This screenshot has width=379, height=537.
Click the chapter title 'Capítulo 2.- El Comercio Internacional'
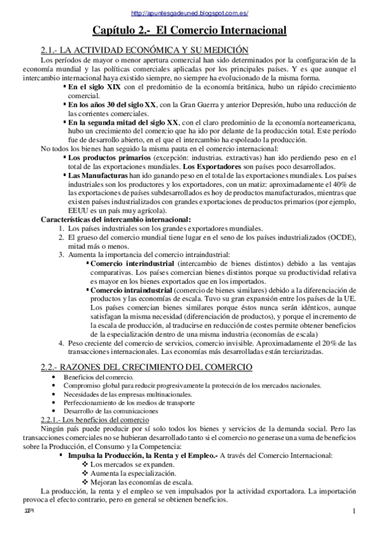coord(190,30)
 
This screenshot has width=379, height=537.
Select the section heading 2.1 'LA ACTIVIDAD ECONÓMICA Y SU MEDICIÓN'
coord(144,50)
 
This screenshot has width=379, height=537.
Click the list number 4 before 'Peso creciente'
coord(61,343)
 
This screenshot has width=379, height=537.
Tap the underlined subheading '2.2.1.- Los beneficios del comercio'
coord(94,420)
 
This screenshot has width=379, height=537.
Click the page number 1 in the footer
coord(354,512)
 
